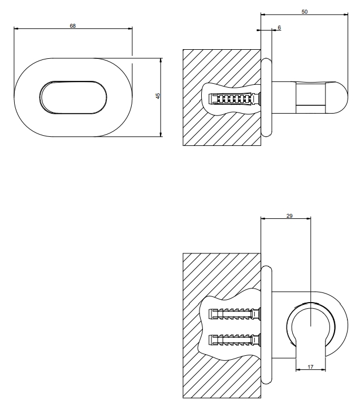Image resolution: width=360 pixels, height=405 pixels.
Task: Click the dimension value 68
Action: [x=73, y=26]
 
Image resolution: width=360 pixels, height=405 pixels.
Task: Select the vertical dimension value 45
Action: [x=158, y=96]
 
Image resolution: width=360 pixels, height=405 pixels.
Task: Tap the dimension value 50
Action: [x=305, y=12]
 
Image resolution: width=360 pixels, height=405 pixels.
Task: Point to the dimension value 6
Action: [x=279, y=27]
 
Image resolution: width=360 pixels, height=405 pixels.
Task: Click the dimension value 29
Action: [x=289, y=216]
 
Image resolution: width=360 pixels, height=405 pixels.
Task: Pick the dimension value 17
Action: [x=310, y=367]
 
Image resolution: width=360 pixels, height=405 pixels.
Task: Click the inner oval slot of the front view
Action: [x=73, y=97]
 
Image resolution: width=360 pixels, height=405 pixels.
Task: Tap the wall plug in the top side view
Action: [x=235, y=98]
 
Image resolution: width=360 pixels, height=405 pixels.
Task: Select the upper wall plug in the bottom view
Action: [x=235, y=314]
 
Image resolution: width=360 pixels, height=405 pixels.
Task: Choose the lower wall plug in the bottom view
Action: [x=235, y=340]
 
